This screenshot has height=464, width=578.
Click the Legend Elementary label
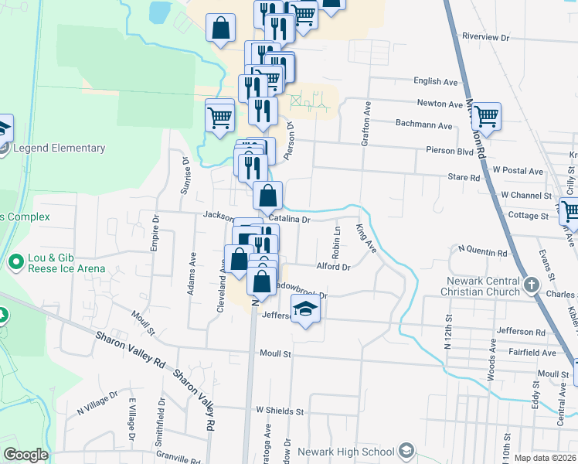click(59, 148)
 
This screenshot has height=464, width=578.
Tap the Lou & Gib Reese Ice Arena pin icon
click(15, 263)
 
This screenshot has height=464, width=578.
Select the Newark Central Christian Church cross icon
click(531, 285)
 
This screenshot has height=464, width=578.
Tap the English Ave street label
click(437, 81)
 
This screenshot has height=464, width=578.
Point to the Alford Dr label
click(334, 267)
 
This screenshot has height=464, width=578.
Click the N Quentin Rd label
click(483, 251)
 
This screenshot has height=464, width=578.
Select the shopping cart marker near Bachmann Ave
click(486, 117)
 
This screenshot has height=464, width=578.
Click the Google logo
click(25, 455)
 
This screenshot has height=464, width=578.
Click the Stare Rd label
click(464, 177)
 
